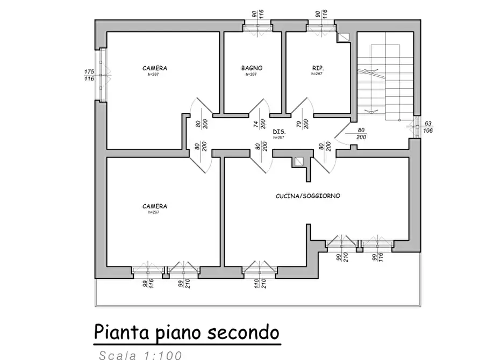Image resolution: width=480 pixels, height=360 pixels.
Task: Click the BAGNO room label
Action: click(x=252, y=68)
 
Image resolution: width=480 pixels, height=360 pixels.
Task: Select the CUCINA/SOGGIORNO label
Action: click(x=308, y=196)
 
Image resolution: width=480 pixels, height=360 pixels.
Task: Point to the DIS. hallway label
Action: click(x=278, y=132)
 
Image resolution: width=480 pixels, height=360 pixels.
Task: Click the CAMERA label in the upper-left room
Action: click(x=154, y=68)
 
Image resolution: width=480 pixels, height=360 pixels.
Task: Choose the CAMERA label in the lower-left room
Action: click(x=154, y=206)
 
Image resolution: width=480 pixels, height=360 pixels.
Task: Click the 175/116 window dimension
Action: click(x=89, y=75)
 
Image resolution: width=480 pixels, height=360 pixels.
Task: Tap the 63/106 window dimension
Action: click(x=428, y=127)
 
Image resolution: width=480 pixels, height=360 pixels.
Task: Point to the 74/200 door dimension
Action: click(x=259, y=124)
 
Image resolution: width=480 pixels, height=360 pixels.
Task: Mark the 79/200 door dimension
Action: click(x=302, y=124)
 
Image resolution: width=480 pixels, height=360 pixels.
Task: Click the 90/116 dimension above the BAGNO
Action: click(x=256, y=15)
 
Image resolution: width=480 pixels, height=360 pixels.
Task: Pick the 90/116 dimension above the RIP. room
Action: click(x=321, y=15)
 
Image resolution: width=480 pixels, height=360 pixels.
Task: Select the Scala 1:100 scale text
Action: click(x=141, y=355)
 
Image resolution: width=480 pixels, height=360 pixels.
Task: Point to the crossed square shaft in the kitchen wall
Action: click(x=298, y=161)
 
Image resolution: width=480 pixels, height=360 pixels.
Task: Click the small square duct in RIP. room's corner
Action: click(x=344, y=37)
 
